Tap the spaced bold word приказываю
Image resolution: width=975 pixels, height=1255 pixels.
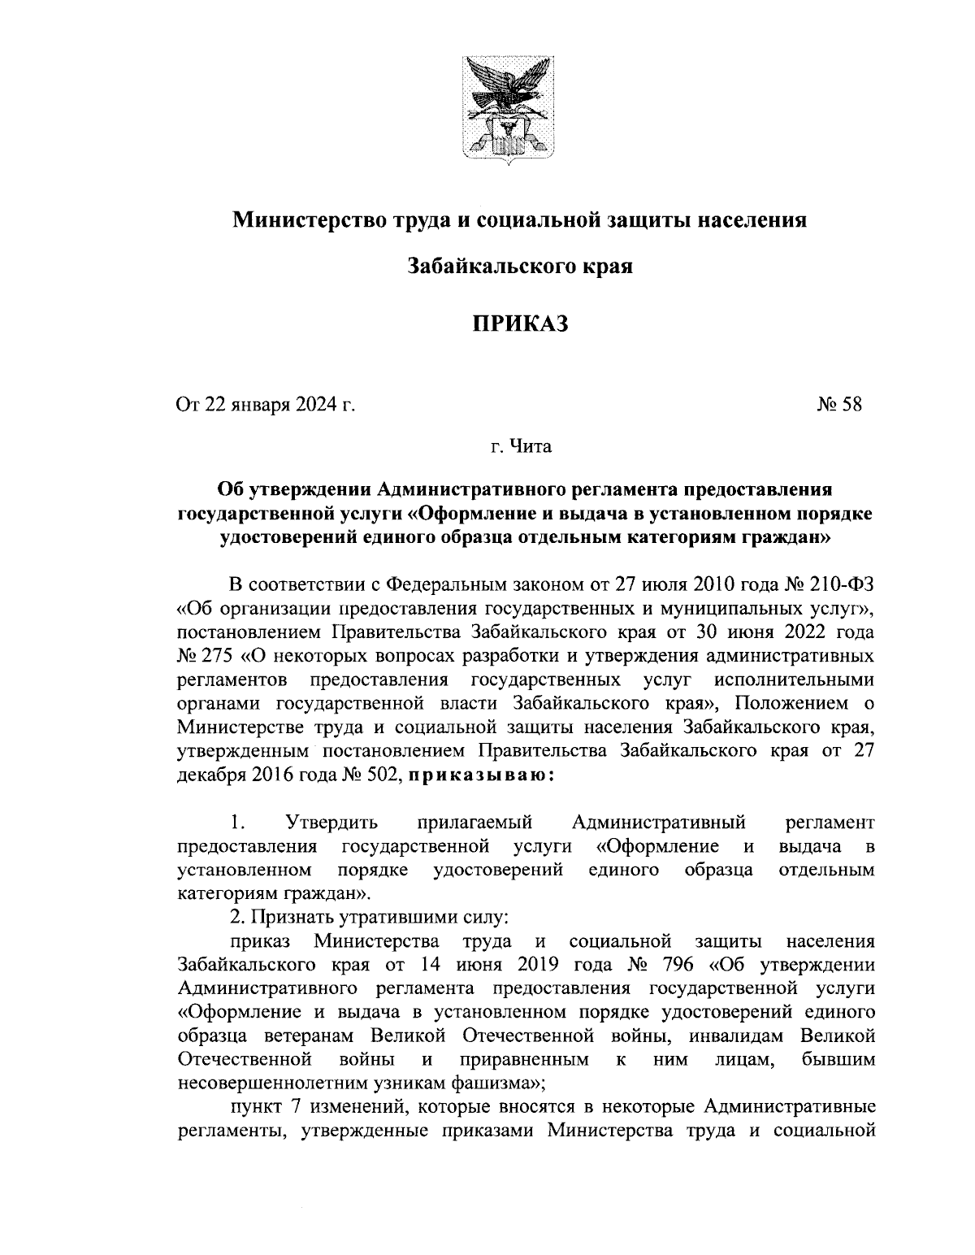coord(481,774)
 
